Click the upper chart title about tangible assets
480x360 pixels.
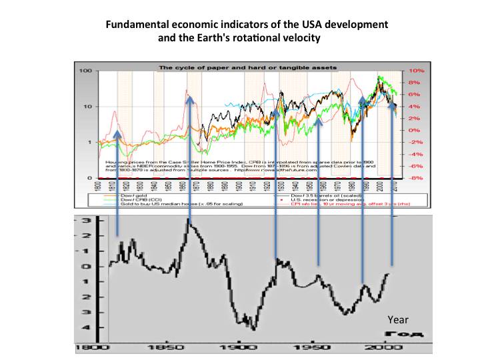point(247,67)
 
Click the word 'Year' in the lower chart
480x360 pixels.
point(398,321)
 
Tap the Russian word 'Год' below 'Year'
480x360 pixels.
point(398,333)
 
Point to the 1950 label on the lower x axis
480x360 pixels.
point(311,348)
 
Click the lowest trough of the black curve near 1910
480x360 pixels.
point(254,328)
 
